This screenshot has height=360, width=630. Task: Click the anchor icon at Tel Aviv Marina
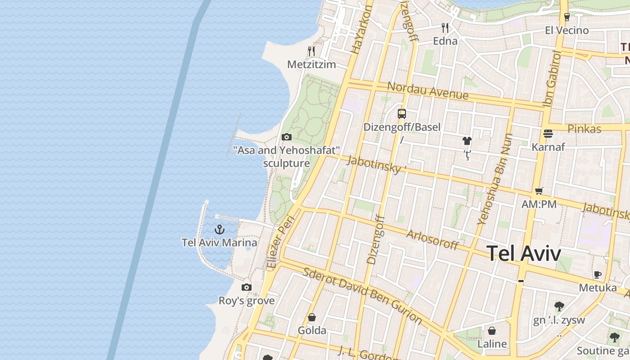pyautogui.click(x=220, y=229)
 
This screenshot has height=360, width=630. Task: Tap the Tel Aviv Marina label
pyautogui.click(x=220, y=243)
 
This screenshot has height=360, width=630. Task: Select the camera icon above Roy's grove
pyautogui.click(x=247, y=287)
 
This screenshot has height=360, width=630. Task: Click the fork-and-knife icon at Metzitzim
pyautogui.click(x=311, y=51)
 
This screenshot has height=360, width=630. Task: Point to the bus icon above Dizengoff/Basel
pyautogui.click(x=402, y=113)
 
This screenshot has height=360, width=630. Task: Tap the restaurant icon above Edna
pyautogui.click(x=445, y=28)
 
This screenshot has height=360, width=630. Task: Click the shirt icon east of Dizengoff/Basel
pyautogui.click(x=467, y=141)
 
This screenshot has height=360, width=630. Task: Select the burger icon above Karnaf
pyautogui.click(x=548, y=133)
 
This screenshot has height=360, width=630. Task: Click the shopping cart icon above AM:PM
pyautogui.click(x=539, y=191)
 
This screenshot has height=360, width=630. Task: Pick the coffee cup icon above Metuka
pyautogui.click(x=598, y=274)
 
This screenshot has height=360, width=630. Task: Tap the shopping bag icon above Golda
pyautogui.click(x=312, y=317)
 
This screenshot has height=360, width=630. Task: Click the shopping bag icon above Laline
pyautogui.click(x=492, y=331)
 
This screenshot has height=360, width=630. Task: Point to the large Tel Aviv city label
pyautogui.click(x=524, y=253)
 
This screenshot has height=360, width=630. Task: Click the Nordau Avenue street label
pyautogui.click(x=427, y=90)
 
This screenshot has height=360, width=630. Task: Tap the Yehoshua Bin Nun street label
pyautogui.click(x=495, y=179)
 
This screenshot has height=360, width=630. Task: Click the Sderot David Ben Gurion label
pyautogui.click(x=362, y=296)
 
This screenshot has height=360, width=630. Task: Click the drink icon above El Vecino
pyautogui.click(x=567, y=17)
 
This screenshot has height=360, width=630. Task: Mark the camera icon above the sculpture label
pyautogui.click(x=286, y=137)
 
